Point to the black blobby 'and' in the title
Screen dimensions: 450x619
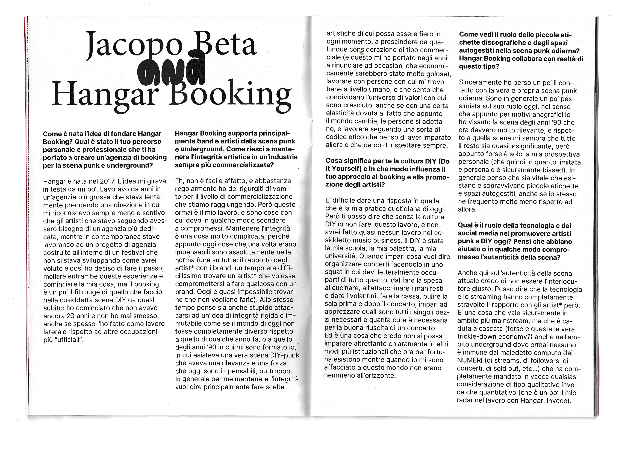click(x=172, y=70)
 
